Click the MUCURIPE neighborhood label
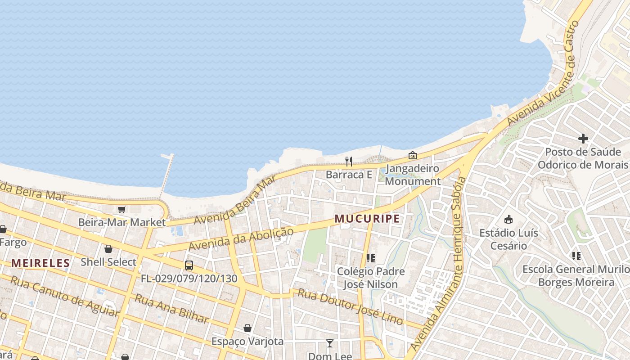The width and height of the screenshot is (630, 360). (x=367, y=219)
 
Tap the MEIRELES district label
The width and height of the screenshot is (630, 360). (x=40, y=263)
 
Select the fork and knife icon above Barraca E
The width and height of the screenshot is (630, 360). (x=349, y=161)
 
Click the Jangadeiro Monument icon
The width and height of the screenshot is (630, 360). (x=412, y=156)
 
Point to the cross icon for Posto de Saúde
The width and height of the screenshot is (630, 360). (x=583, y=139)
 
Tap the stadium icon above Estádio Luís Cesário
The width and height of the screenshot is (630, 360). (x=508, y=220)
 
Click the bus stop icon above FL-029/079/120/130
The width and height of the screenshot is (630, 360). (x=189, y=265)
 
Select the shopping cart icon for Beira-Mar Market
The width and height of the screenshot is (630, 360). (x=121, y=209)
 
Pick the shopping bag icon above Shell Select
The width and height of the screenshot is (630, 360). (x=108, y=249)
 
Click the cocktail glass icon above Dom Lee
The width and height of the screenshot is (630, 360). (x=330, y=343)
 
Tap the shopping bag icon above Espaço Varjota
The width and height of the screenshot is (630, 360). (x=247, y=328)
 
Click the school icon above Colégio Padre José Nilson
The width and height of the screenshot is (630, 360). (x=370, y=258)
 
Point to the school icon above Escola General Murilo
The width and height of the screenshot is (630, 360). (x=576, y=256)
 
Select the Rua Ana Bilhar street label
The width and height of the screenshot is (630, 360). (x=172, y=309)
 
